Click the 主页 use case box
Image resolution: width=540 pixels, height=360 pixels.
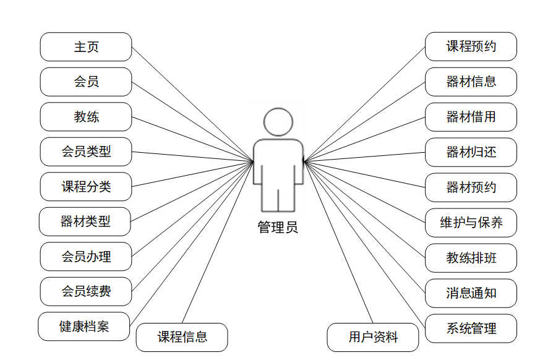click(86, 47)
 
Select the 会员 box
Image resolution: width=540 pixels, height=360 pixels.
click(86, 82)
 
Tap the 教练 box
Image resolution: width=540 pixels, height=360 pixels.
click(86, 117)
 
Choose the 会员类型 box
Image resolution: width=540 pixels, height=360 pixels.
click(86, 152)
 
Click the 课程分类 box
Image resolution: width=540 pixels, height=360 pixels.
click(86, 187)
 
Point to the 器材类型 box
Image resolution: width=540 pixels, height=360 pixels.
click(85, 221)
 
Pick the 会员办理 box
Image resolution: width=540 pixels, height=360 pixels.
click(86, 257)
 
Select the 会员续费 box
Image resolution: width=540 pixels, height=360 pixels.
click(86, 291)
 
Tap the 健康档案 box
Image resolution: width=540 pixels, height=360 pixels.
click(84, 327)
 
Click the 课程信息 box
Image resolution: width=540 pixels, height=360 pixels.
click(182, 337)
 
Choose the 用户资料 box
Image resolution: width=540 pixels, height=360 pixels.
click(373, 337)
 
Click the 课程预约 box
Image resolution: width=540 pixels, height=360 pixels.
click(471, 47)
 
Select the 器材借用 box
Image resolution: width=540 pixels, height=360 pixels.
click(471, 117)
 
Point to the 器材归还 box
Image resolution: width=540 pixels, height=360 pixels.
click(471, 152)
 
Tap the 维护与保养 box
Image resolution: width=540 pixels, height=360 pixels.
click(471, 223)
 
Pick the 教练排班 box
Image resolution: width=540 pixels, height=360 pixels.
click(471, 258)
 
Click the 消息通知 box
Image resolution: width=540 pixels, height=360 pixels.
click(471, 293)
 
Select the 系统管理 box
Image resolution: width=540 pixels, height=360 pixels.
click(471, 328)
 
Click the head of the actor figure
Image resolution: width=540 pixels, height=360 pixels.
click(278, 122)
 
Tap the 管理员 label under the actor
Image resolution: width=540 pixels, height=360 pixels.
click(278, 228)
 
